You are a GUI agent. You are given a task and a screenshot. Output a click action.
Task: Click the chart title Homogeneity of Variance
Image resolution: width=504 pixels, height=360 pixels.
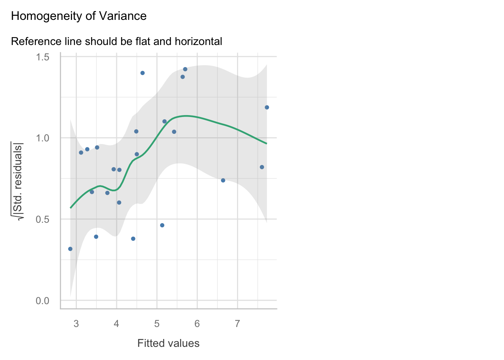[x=79, y=16]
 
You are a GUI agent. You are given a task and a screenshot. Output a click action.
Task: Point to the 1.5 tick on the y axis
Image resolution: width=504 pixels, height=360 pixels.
[x=42, y=57]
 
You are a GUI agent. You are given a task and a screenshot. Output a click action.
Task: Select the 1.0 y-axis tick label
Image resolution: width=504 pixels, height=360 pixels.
[x=42, y=138]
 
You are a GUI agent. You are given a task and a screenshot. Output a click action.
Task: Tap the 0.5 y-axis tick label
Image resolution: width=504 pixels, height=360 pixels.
[x=42, y=219]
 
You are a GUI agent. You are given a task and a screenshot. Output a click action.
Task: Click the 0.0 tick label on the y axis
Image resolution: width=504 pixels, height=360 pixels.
[x=42, y=301]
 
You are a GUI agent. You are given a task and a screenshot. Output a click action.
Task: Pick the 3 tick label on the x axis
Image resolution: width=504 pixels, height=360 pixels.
[x=76, y=324]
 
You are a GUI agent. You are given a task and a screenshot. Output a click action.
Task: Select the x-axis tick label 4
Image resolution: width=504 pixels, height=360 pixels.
[x=116, y=324]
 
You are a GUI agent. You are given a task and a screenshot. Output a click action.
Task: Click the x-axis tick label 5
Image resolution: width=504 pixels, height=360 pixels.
[x=157, y=324]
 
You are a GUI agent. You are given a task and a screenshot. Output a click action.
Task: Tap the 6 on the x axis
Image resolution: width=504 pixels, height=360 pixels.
[x=197, y=324]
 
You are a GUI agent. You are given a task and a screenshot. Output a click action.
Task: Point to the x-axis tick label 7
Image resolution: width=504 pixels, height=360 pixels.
[x=237, y=324]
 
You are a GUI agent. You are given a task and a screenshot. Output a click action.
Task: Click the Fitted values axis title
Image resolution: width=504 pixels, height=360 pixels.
[x=168, y=343]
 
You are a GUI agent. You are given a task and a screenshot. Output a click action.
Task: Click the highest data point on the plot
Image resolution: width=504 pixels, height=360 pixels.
[x=185, y=69]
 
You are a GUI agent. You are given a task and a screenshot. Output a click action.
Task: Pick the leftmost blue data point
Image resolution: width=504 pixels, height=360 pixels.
[x=70, y=249]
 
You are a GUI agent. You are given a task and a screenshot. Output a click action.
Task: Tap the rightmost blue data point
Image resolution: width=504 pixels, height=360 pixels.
[x=267, y=108]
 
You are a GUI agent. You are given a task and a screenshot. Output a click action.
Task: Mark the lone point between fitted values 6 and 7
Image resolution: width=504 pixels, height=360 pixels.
[x=223, y=180]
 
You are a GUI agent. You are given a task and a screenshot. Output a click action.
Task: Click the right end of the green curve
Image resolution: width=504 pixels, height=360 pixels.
[x=267, y=144]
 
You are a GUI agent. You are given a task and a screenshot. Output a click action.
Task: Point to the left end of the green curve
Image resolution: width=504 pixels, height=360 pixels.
[x=70, y=208]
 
